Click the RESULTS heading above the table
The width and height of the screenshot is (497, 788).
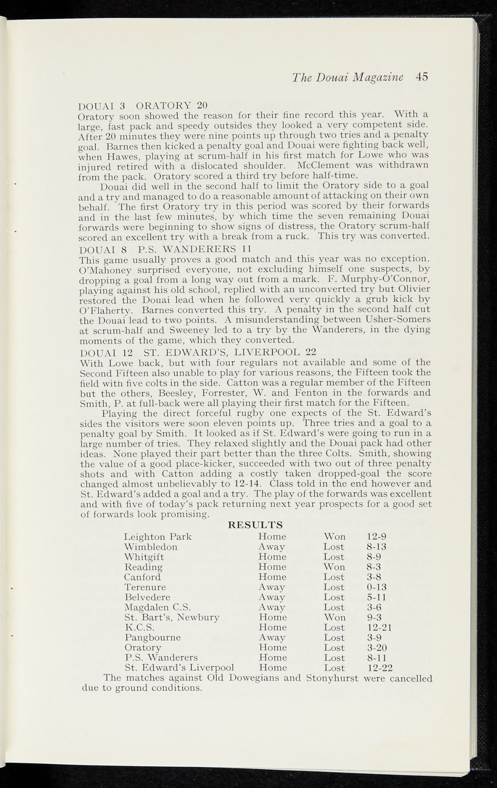256,525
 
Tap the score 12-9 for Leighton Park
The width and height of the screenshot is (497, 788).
376,537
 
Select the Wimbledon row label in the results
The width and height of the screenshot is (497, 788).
151,547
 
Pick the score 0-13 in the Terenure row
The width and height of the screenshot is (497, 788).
376,587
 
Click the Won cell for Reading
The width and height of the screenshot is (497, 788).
334,567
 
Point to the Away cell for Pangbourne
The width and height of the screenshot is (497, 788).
272,638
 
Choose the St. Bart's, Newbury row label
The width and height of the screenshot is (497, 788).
172,618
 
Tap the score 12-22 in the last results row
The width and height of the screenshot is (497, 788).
379,668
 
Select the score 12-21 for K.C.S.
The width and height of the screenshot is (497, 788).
379,628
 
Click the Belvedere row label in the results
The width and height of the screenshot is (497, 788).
147,597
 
